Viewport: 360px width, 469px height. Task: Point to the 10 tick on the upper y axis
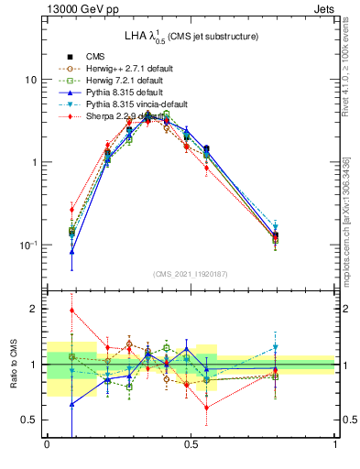click(31, 80)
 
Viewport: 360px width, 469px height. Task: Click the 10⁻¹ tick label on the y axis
click(28, 245)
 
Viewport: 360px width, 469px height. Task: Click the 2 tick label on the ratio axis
click(35, 310)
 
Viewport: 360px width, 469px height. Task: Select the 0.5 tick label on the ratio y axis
click(30, 420)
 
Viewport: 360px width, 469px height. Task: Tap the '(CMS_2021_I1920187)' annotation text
click(191, 274)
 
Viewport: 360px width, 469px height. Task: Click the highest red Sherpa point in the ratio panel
click(71, 310)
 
